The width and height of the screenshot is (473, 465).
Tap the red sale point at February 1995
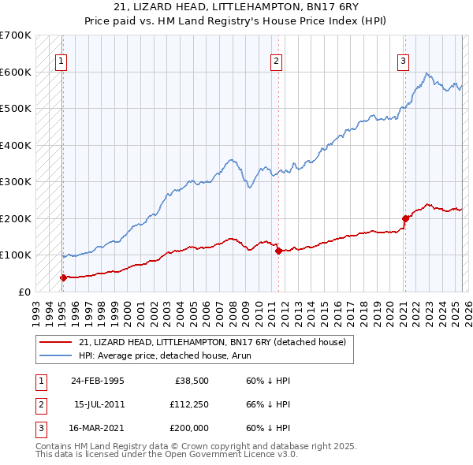[63, 277]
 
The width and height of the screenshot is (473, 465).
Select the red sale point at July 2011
[278, 251]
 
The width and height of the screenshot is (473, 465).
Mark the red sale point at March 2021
[405, 218]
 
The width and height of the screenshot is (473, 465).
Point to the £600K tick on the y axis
[16, 72]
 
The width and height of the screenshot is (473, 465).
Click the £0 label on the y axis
[24, 292]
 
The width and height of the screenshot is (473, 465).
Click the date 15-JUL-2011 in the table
[99, 404]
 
